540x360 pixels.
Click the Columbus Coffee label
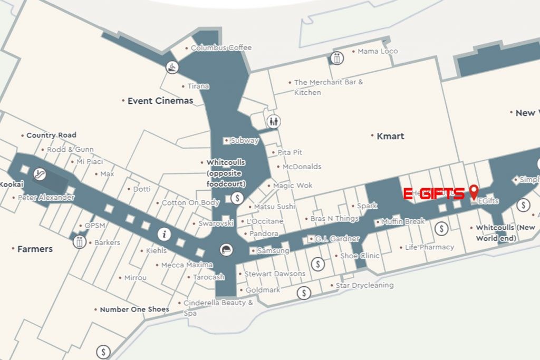coord(221,47)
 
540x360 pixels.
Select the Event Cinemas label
coord(160,101)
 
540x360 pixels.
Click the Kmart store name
coord(390,136)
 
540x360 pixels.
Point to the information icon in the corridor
coord(165,233)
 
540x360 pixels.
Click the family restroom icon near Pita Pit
coord(273,122)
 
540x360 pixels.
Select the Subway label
coord(245,141)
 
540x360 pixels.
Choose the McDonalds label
coord(302,167)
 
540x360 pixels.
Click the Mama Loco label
coord(378,51)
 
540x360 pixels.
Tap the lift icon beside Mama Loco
coord(337,58)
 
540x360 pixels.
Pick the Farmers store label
coord(35,249)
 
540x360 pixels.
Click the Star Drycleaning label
coord(364,285)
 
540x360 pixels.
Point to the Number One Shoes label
coord(134,309)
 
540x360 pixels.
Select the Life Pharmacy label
coord(429,247)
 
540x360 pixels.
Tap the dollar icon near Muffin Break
coord(441,228)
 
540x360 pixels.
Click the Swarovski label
coord(216,223)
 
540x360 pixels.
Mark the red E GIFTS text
coord(434,193)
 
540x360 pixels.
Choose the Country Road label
coord(51,135)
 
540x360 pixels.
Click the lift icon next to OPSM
coord(80,242)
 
